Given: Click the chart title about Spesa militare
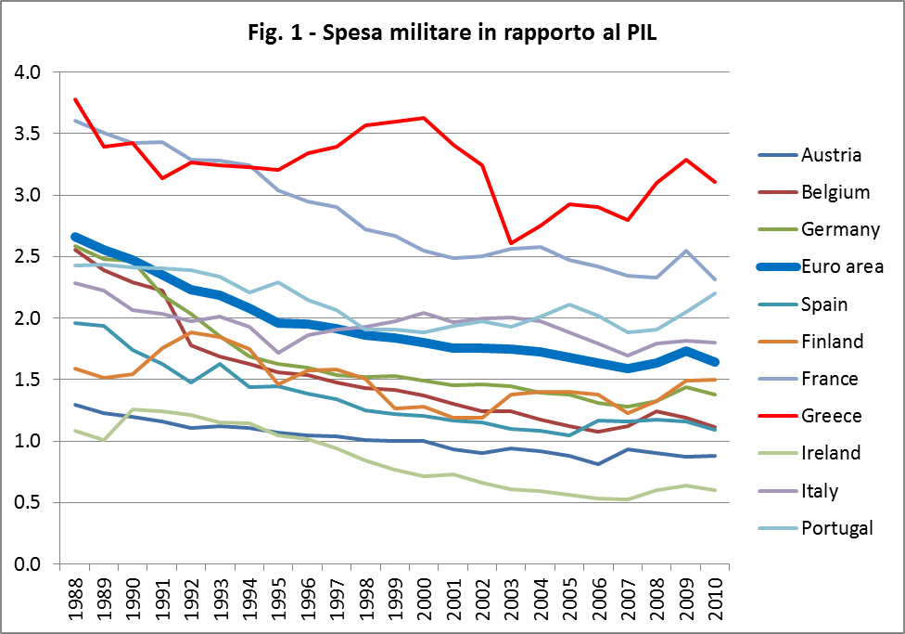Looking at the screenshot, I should [452, 34].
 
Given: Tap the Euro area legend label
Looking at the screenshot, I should [841, 266].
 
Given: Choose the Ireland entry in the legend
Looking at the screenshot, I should [831, 453].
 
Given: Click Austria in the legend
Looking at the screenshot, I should [831, 154].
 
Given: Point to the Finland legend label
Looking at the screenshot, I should [832, 341].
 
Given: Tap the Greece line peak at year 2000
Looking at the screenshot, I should [424, 118].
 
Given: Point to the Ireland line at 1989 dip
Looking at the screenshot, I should [103, 440].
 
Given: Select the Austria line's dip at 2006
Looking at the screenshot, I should [599, 464].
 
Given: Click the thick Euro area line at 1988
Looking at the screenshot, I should [74, 237].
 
